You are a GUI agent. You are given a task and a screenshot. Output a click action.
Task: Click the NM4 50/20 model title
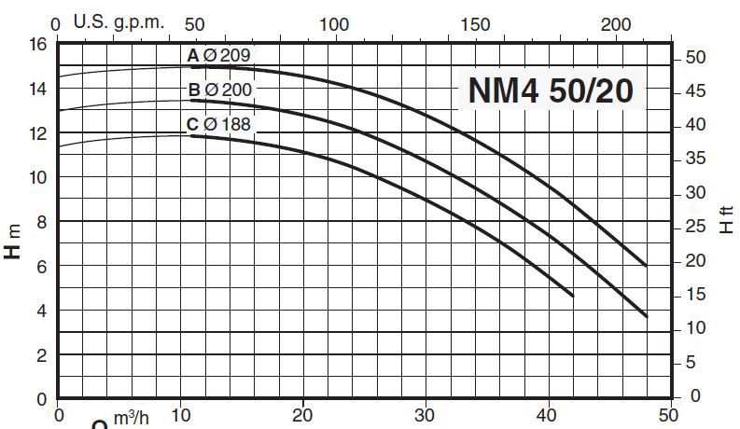pos(551,91)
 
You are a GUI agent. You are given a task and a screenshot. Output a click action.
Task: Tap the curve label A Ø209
pos(219,56)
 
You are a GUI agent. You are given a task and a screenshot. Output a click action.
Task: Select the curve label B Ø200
pos(219,90)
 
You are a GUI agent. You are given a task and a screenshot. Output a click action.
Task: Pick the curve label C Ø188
pos(219,124)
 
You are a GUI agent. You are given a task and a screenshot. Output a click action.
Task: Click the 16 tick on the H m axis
pos(37,44)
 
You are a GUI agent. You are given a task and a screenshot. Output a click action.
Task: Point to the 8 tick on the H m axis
pos(42,222)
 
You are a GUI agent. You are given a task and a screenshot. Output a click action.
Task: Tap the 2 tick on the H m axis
pos(42,355)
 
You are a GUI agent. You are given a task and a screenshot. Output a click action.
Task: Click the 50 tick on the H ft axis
pos(695,58)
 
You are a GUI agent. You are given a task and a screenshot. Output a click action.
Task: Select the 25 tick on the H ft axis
pos(695,227)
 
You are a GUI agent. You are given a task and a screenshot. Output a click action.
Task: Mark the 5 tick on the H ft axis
pos(691,362)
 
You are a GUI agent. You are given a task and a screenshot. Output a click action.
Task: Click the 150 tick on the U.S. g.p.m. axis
pos(475,23)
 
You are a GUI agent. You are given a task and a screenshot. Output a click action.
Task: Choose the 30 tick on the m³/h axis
pos(425,415)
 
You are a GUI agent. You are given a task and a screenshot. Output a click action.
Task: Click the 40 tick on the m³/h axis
pos(547,415)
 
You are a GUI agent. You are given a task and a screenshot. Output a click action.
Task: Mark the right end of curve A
pos(646,266)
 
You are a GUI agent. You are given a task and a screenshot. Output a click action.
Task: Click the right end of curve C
pos(572,296)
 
